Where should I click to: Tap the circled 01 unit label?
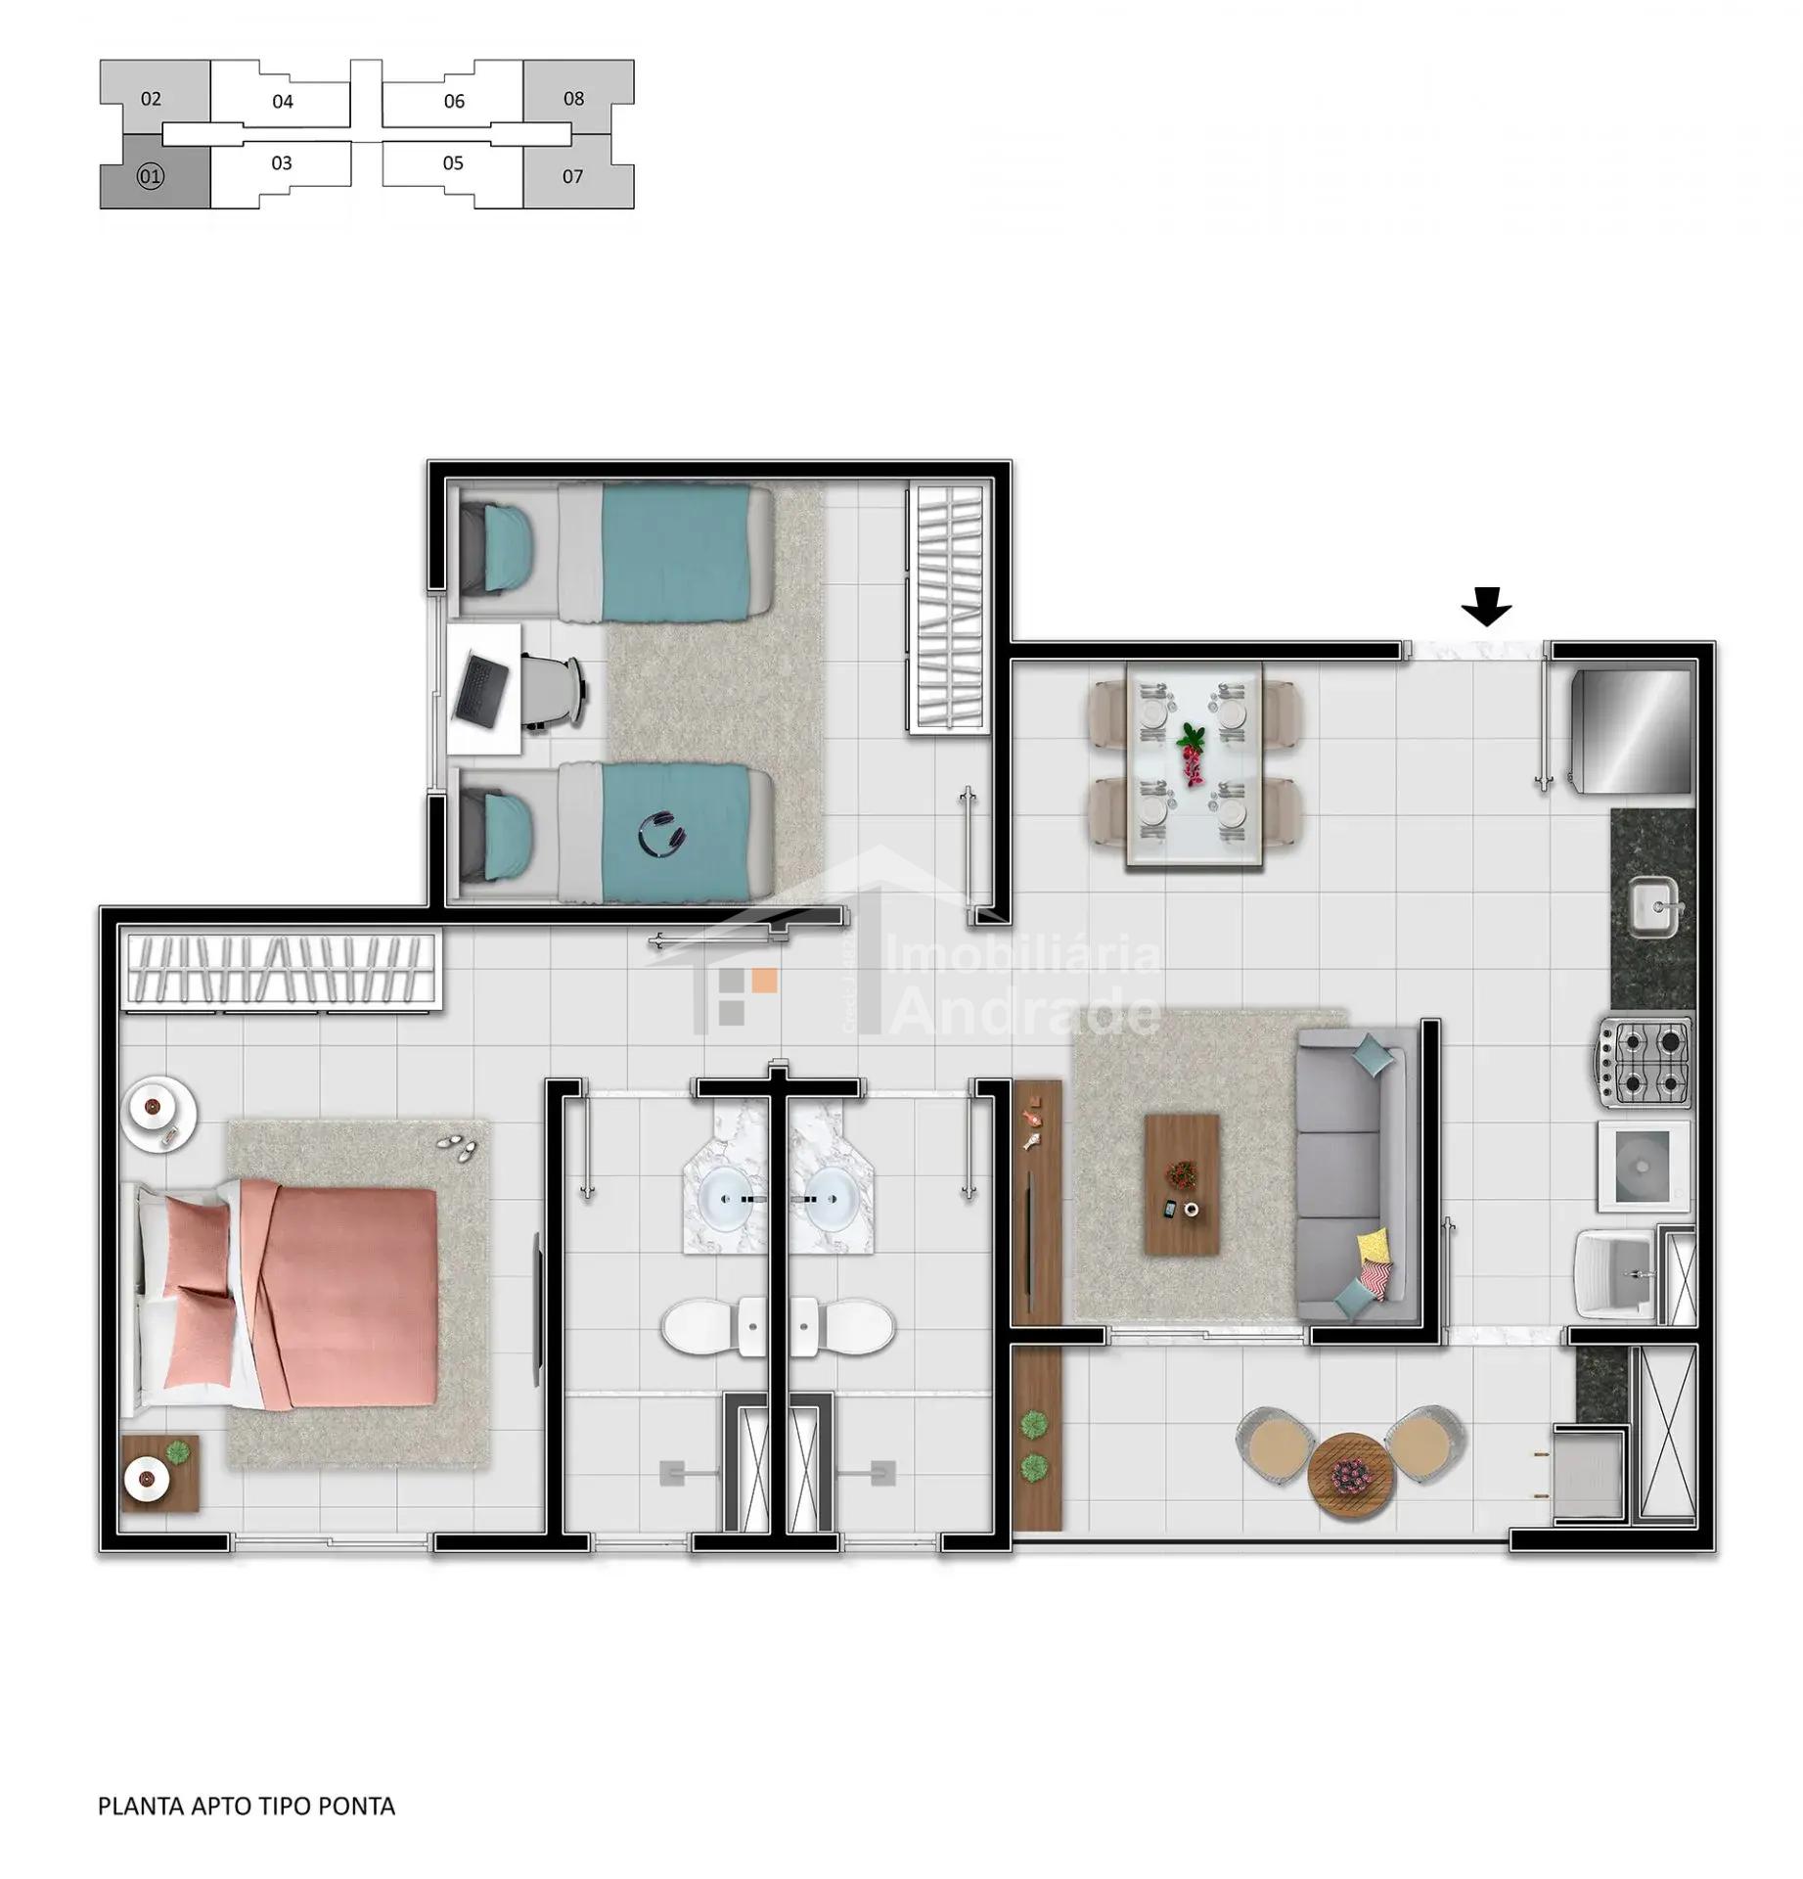point(151,177)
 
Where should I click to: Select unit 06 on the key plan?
point(454,101)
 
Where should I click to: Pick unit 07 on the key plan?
point(573,177)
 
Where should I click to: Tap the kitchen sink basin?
point(1653,904)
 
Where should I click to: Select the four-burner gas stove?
point(1644,1061)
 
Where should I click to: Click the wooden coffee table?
point(1181,1183)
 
